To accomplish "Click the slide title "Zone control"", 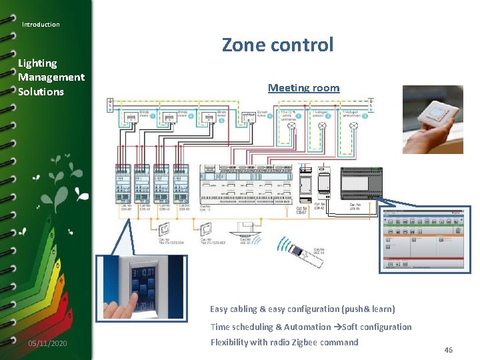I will coord(277,45).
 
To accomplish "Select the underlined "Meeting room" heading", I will coord(303,88).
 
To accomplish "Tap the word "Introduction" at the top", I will coord(41,25).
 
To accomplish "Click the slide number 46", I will coord(449,350).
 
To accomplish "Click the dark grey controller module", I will coord(361,183).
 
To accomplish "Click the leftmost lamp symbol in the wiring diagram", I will coord(291,124).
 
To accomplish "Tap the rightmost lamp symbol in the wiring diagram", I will coord(355,124).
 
